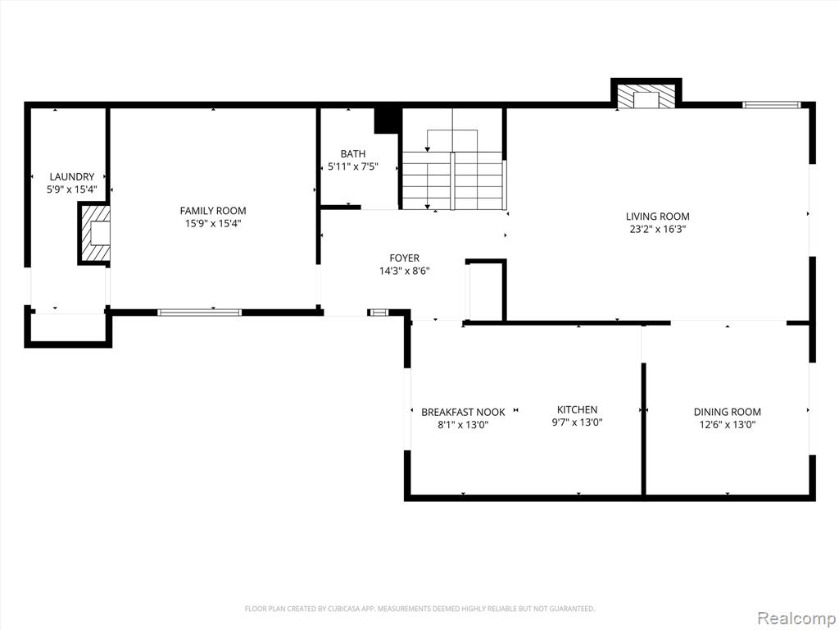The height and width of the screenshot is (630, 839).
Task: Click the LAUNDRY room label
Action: click(72, 177)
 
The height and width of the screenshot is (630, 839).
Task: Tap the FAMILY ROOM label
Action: click(213, 211)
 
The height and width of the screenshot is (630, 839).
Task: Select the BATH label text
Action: click(353, 154)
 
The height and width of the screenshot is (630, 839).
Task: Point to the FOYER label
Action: click(405, 258)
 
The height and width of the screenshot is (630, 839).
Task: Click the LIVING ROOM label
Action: click(658, 217)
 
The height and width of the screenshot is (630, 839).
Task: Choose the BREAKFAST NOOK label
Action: click(463, 412)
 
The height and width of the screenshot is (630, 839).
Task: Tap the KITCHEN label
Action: click(578, 410)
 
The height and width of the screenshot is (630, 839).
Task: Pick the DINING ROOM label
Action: click(728, 412)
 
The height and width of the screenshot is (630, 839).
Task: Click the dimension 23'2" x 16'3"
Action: click(658, 230)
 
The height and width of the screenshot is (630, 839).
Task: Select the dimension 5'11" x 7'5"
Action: click(353, 167)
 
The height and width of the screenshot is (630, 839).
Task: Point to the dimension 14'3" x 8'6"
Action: click(405, 271)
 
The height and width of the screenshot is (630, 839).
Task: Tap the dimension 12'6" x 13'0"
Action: click(728, 425)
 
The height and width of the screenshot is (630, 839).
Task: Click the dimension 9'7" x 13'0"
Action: click(578, 422)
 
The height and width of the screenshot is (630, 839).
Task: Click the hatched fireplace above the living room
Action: click(646, 94)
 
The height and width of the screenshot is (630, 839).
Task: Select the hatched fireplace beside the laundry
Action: click(94, 234)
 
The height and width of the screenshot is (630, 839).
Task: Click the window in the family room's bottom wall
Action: click(200, 313)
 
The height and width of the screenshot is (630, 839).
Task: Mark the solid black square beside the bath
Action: click(387, 121)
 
